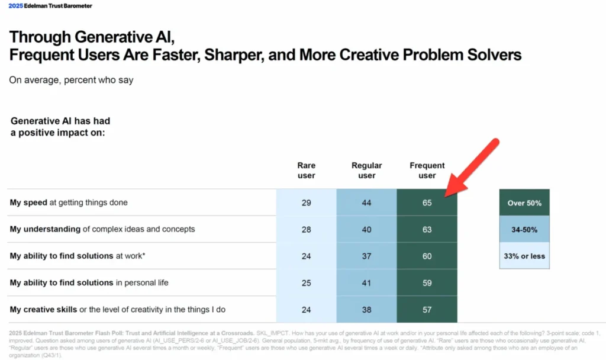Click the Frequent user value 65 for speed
(427, 202)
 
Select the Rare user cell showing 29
(306, 202)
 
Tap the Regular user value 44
(366, 202)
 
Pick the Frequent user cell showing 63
(427, 229)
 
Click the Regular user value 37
(366, 256)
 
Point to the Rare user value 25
(306, 282)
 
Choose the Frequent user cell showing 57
(427, 309)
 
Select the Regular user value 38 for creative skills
(366, 309)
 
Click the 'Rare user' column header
(306, 171)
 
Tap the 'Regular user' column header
(366, 171)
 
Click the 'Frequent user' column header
(427, 171)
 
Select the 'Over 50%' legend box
(524, 202)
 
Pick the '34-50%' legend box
(524, 229)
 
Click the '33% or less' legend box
(524, 256)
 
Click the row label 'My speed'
(29, 202)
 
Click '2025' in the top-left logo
(15, 6)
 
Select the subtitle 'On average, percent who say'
(71, 80)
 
